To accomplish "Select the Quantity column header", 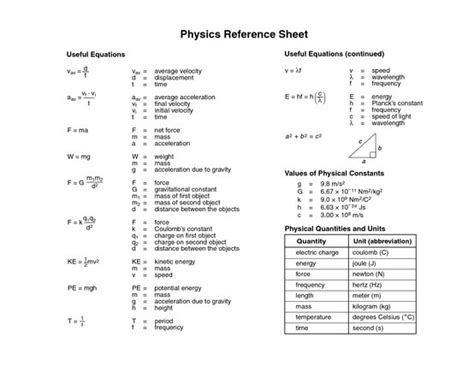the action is (x=314, y=241).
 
